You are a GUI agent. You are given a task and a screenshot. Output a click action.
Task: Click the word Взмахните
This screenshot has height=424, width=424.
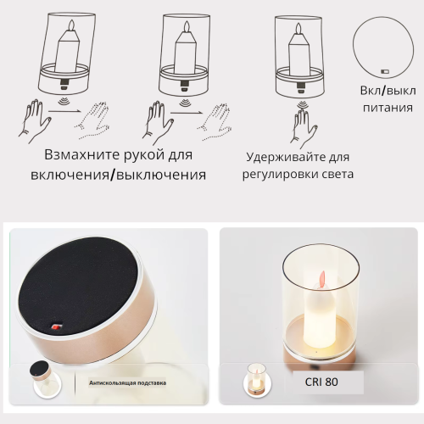tap(82, 155)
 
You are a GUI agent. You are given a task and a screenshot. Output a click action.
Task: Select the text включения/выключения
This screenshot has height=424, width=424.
tap(118, 175)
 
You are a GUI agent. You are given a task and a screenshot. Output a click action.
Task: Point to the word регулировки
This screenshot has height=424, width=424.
tap(282, 175)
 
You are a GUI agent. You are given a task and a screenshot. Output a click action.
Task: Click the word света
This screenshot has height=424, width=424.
tap(340, 175)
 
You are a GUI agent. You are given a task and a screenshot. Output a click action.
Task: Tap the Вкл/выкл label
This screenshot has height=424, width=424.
tap(388, 91)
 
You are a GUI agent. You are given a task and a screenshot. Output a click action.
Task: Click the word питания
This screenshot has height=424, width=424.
tap(388, 108)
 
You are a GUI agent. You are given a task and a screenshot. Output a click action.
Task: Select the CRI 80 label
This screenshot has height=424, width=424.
tap(321, 382)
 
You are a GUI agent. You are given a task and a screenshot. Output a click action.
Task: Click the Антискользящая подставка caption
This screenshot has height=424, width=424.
tap(127, 383)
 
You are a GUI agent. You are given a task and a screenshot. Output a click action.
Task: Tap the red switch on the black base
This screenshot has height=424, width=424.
tap(55, 327)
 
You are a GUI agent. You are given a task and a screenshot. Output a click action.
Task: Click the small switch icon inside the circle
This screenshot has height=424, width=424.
tap(385, 72)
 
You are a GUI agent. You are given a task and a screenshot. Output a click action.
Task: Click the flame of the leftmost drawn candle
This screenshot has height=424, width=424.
tap(72, 25)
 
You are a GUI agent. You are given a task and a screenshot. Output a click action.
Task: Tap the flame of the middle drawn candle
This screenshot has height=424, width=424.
tap(187, 27)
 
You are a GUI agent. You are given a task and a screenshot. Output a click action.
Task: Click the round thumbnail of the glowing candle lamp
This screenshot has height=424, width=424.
tap(257, 382)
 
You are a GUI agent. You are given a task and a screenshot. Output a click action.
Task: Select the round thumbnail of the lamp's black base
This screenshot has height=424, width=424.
tap(47, 379)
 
